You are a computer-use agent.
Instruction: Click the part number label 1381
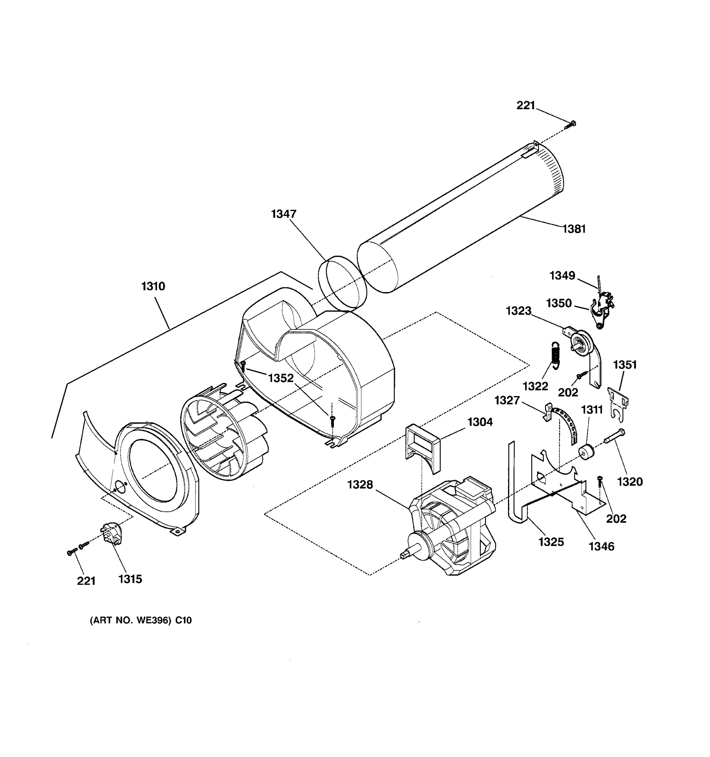click(574, 229)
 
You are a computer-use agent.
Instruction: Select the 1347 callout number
click(283, 214)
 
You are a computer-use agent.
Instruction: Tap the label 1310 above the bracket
click(153, 286)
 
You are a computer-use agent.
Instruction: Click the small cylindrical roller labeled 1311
click(586, 452)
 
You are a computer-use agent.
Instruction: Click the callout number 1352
click(281, 378)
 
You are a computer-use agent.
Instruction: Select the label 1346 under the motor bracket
click(601, 546)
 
